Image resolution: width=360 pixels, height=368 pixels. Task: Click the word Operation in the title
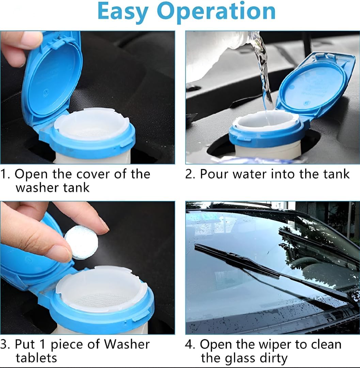(x=216, y=12)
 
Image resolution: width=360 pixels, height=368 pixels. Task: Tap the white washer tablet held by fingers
(x=81, y=242)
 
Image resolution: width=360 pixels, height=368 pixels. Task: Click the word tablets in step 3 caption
(x=36, y=358)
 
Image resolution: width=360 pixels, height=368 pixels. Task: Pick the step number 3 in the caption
(x=4, y=344)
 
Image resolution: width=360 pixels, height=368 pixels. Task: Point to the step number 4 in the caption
(x=189, y=344)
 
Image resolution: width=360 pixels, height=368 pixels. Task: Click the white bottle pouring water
(x=218, y=55)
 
